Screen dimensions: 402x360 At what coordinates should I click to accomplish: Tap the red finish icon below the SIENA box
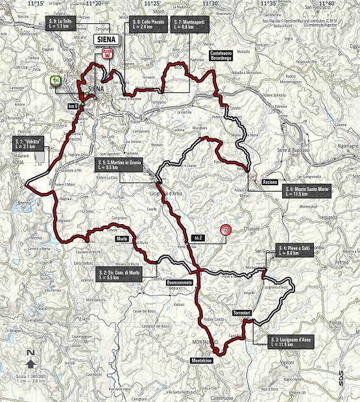[108, 55]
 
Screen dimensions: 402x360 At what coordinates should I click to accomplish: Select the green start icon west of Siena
[54, 81]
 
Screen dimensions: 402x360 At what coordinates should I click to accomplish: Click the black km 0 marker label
[72, 106]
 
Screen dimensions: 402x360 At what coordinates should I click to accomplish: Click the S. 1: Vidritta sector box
[30, 144]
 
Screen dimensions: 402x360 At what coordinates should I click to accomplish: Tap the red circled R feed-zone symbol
[225, 229]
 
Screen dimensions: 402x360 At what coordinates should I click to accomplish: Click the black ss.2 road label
[198, 238]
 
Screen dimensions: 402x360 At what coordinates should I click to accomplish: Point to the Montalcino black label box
[204, 360]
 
